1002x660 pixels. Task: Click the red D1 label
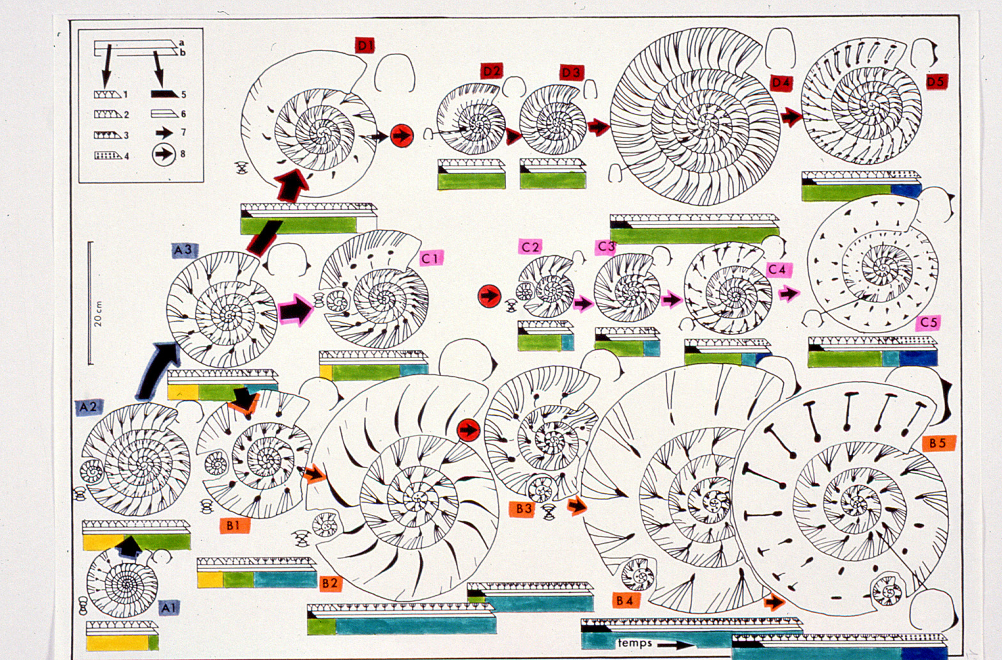tap(364, 45)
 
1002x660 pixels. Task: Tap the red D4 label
tap(781, 83)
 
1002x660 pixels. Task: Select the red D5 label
tap(937, 82)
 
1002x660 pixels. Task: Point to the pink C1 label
tap(431, 258)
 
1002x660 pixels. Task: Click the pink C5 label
tap(928, 322)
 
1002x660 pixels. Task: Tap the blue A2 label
tap(88, 407)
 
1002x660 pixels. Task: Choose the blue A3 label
tap(184, 250)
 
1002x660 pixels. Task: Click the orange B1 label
tap(233, 526)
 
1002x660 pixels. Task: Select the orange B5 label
tap(937, 443)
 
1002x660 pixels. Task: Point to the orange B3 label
tap(524, 509)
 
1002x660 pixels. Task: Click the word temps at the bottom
tap(635, 643)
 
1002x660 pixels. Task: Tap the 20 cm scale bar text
tap(98, 313)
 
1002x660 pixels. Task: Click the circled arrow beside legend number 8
tap(164, 154)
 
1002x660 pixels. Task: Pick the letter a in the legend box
tap(181, 43)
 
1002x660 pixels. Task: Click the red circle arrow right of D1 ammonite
tap(402, 136)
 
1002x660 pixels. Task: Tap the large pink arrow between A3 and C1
tap(295, 308)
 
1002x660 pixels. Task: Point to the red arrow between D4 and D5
tap(791, 116)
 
